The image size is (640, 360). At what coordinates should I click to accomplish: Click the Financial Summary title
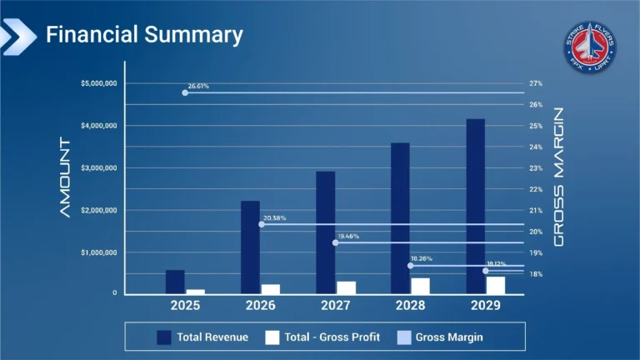tap(144, 34)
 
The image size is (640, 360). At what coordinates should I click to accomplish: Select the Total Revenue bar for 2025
tap(175, 282)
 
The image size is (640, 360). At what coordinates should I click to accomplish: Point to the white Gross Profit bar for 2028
tap(420, 286)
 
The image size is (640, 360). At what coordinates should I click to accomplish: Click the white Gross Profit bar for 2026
tap(271, 289)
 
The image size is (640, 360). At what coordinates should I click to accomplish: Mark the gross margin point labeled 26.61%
tap(185, 92)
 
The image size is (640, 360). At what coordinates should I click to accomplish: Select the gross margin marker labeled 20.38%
tap(262, 224)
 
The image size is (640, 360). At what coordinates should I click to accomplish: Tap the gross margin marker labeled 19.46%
tap(336, 242)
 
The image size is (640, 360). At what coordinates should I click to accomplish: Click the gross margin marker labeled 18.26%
tap(411, 265)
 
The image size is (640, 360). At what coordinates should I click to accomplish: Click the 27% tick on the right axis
tap(535, 83)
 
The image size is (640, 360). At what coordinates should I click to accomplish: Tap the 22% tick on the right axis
tap(535, 189)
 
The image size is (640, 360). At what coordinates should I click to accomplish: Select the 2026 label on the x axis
tap(260, 306)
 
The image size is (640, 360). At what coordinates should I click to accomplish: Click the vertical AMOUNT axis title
tap(66, 177)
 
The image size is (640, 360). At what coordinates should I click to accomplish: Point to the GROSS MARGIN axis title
tap(560, 177)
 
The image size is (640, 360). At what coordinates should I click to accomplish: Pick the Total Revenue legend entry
tap(202, 337)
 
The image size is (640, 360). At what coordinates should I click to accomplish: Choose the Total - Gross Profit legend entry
tap(322, 337)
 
